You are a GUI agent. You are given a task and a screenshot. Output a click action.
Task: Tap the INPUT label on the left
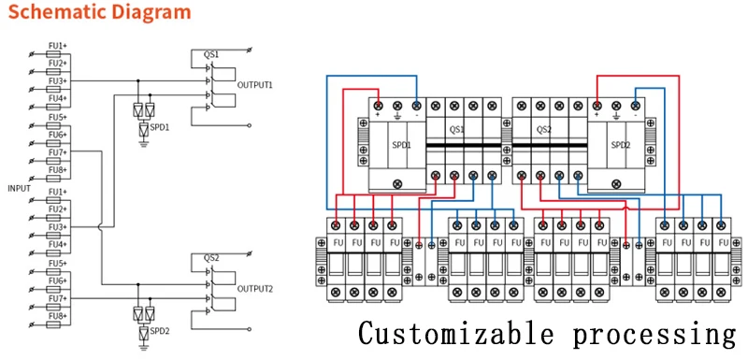pos(19,188)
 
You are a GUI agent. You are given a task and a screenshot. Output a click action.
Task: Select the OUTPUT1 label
pos(254,85)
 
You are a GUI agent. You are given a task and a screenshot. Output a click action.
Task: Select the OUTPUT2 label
pos(254,289)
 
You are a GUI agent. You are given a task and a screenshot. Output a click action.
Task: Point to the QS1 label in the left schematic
pos(211,55)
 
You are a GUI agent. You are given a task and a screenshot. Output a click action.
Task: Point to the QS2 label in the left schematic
pos(211,257)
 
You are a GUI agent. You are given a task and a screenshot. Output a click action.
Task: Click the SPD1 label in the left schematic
pos(160,127)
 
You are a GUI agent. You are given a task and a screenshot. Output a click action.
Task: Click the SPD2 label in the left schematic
pos(160,331)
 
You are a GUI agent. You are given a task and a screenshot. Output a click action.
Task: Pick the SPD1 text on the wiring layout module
pos(386,145)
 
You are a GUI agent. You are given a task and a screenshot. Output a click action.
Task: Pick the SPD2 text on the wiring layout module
pos(621,145)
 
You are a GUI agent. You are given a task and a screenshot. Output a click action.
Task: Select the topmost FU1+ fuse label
pos(57,45)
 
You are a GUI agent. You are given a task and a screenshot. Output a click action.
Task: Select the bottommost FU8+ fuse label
pos(57,317)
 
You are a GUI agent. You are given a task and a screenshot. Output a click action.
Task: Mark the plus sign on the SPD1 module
pos(378,117)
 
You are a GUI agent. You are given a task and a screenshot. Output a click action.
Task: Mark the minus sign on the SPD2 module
pos(637,117)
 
